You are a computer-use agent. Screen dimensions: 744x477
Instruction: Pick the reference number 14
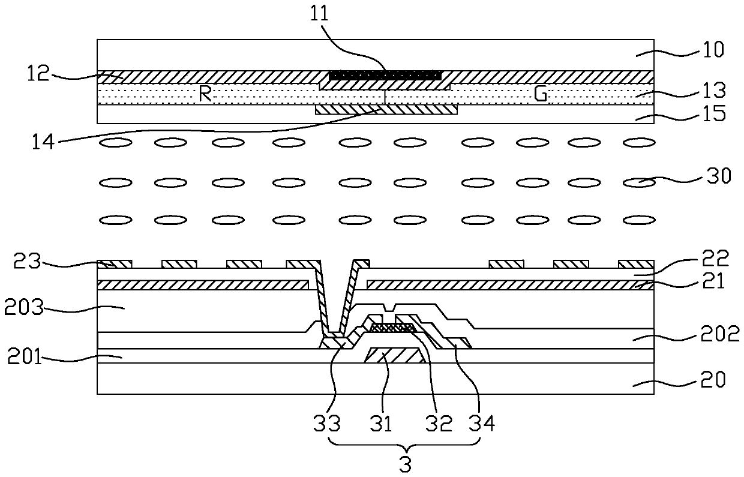pyautogui.click(x=46, y=142)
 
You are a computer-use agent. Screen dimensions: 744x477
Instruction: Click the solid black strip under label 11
pyautogui.click(x=385, y=76)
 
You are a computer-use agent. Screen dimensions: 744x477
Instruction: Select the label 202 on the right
pyautogui.click(x=721, y=334)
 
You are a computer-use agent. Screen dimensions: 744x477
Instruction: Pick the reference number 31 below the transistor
pyautogui.click(x=380, y=424)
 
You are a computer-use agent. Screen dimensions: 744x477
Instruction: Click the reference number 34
pyautogui.click(x=482, y=424)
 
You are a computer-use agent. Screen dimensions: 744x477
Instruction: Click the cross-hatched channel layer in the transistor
pyautogui.click(x=392, y=328)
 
